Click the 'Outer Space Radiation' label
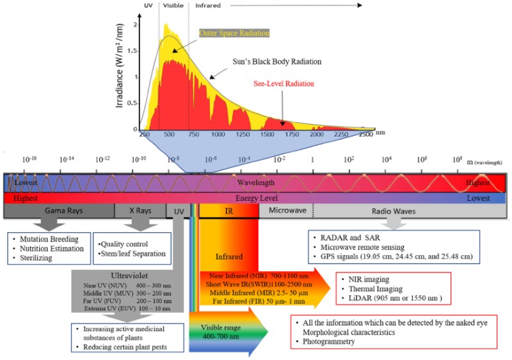[x=234, y=33]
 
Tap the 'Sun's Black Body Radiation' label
[x=276, y=61]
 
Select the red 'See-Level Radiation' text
[x=284, y=84]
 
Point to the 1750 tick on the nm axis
[x=292, y=135]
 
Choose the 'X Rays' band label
[x=140, y=210]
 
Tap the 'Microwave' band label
[x=287, y=210]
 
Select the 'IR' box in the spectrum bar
[x=228, y=210]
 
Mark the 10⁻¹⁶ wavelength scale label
[x=29, y=159]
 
